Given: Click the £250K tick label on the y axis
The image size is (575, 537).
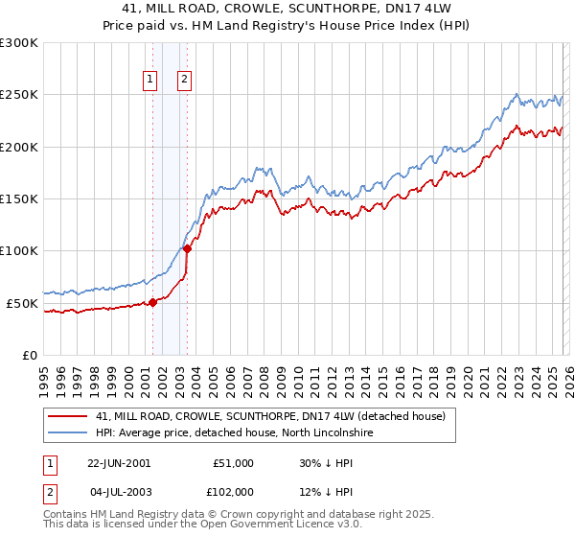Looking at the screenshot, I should [x=19, y=95].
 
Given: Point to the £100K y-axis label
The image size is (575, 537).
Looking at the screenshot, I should [x=19, y=251].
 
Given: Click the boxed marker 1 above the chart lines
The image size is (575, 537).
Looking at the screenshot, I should [x=151, y=80].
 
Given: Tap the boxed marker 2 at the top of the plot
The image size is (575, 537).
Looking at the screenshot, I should [x=184, y=80].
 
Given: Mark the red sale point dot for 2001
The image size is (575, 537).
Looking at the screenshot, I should [x=152, y=302].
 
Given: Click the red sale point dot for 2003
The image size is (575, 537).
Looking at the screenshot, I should [x=187, y=249].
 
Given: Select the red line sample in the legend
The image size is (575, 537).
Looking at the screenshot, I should [x=69, y=417].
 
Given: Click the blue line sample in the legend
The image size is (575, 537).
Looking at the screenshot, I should [x=69, y=433].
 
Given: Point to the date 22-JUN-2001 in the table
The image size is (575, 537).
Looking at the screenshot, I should [x=119, y=463].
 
